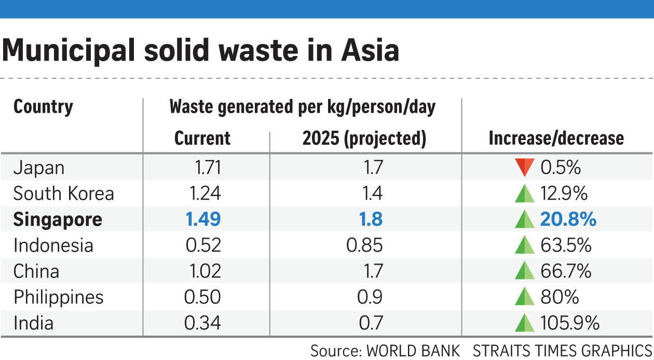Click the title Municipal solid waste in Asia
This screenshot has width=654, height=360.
coord(200,51)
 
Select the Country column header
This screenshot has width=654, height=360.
coord(43,107)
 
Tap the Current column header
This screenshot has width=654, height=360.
coord(202,138)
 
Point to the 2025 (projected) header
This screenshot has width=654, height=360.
coord(364,138)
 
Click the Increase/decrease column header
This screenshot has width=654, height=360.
coord(556,138)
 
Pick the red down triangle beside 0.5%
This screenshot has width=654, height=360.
coord(524,168)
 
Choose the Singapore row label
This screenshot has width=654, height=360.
coord(58,219)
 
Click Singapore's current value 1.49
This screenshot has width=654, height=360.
coord(203,219)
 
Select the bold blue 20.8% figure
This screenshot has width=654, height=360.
coord(568,219)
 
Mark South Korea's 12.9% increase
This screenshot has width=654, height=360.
coord(564,193)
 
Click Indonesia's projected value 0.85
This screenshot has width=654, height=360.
coord(364,245)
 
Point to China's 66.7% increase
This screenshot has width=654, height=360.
coord(566,271)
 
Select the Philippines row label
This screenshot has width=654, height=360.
coord(58,297)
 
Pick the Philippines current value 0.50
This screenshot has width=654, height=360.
coord(202,297)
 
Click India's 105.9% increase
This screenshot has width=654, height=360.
coord(570,323)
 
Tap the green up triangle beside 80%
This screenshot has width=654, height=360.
coord(524,297)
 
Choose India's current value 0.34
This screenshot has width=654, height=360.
coord(202,323)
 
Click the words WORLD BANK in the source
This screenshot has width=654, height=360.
coord(413,351)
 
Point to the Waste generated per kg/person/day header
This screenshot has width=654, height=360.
coord(302,107)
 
